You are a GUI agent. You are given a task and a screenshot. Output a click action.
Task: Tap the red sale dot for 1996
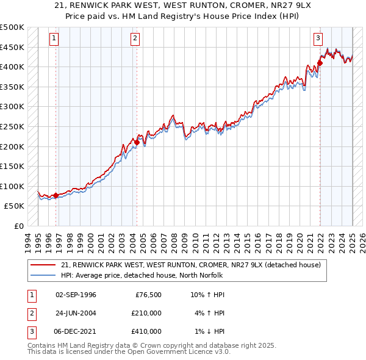click(x=56, y=195)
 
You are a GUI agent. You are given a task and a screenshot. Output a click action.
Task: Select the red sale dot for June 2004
click(x=137, y=142)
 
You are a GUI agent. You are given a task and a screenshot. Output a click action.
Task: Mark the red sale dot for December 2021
click(x=320, y=62)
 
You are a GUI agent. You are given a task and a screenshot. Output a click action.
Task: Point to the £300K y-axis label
click(x=12, y=107)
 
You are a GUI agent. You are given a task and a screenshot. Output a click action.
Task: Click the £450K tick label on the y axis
click(x=12, y=47)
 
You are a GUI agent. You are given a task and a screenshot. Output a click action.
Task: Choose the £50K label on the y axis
click(x=15, y=206)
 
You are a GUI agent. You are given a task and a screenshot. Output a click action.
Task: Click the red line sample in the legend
click(x=43, y=265)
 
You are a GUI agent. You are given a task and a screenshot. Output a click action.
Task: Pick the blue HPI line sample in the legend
click(x=43, y=275)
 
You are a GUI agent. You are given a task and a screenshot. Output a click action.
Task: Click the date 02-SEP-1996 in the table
click(x=76, y=295)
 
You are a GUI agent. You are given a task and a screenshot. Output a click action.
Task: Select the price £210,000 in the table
click(x=146, y=313)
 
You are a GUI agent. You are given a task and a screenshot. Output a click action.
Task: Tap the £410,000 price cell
click(x=146, y=331)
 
